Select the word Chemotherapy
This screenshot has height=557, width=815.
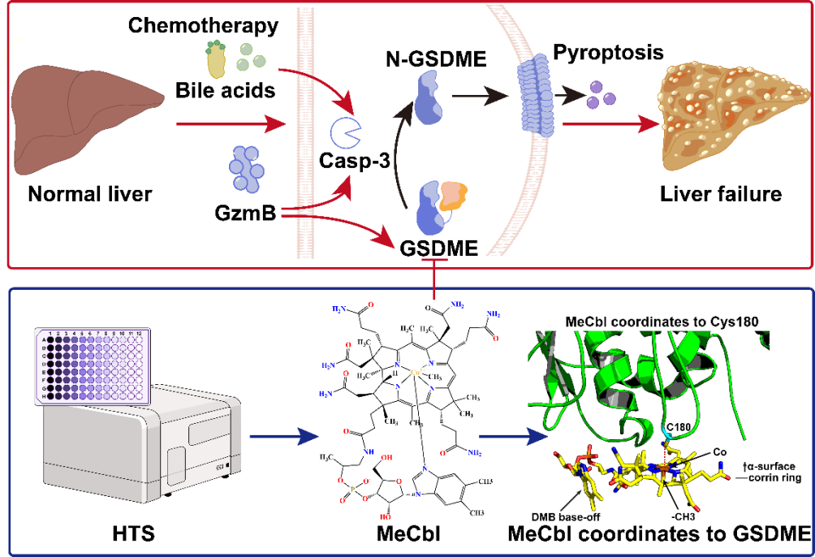coord(203,25)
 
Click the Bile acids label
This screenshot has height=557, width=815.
coord(225,89)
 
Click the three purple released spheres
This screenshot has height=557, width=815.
coord(602,95)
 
